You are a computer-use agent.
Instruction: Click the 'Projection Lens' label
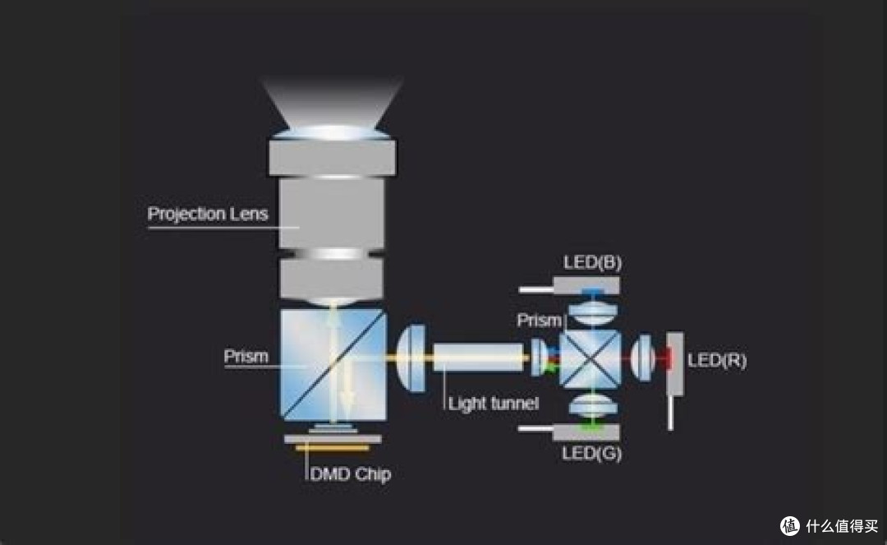(208, 214)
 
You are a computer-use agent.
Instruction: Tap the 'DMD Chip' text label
(350, 473)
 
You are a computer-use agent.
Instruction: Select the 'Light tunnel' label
(494, 404)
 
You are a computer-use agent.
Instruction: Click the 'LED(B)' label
(592, 262)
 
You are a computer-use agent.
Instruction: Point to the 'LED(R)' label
(717, 361)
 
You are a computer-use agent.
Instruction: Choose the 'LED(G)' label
(591, 453)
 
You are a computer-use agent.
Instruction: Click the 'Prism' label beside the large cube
(246, 356)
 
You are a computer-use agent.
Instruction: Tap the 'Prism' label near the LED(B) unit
(539, 321)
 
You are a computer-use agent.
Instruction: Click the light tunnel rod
(479, 357)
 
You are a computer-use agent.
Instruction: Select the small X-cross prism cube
(590, 358)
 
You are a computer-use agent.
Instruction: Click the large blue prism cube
(333, 365)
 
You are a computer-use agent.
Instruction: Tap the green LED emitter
(591, 425)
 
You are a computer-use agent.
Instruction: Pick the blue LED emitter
(592, 293)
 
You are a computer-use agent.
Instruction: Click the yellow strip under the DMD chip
(333, 448)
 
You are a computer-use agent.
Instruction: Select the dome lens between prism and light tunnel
(411, 358)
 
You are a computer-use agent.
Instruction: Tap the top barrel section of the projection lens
(333, 158)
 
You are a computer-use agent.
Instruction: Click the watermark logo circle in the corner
(790, 526)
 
